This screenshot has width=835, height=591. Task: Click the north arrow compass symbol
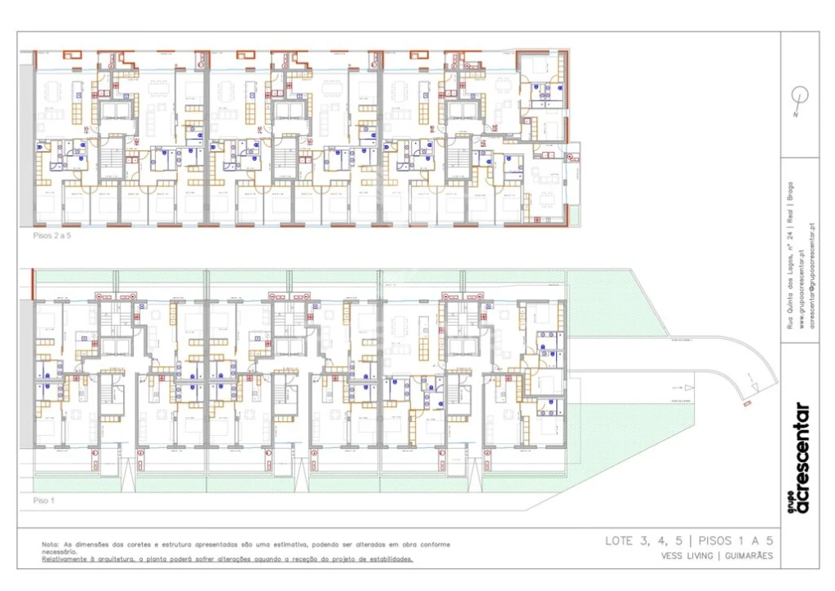pyautogui.click(x=800, y=98)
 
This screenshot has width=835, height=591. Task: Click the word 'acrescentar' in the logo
pyautogui.click(x=802, y=458)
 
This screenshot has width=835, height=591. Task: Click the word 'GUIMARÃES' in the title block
pyautogui.click(x=748, y=556)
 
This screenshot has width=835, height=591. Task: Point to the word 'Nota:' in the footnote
pyautogui.click(x=51, y=544)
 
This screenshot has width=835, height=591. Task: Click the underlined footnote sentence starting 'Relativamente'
pyautogui.click(x=228, y=559)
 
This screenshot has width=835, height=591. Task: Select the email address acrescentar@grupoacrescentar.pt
pyautogui.click(x=811, y=275)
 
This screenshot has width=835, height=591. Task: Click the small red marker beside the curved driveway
pyautogui.click(x=746, y=404)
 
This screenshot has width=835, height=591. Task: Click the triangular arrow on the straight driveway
pyautogui.click(x=690, y=387)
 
